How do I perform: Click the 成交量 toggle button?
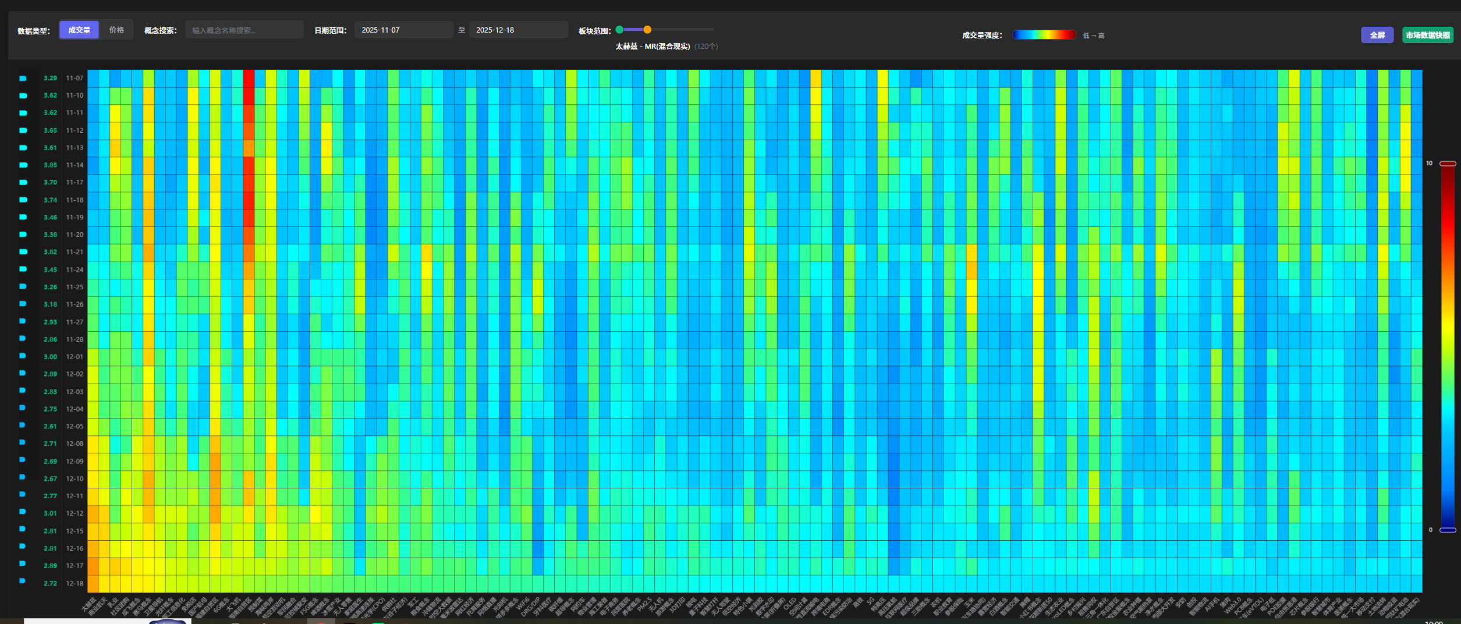[x=79, y=30]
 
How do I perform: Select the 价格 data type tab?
[x=116, y=30]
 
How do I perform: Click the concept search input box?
[x=244, y=30]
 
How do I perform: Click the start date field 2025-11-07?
[x=403, y=30]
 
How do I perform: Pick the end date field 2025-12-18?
[x=518, y=30]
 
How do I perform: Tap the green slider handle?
[x=619, y=30]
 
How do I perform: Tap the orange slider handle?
[x=647, y=30]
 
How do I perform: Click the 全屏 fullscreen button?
[x=1377, y=35]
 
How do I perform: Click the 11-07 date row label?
[x=75, y=78]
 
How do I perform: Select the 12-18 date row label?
[x=75, y=583]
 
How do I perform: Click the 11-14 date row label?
[x=75, y=165]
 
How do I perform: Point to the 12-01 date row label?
[x=75, y=357]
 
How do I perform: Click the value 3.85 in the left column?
[x=51, y=165]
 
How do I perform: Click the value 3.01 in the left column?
[x=51, y=513]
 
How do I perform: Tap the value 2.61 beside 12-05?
[x=51, y=427]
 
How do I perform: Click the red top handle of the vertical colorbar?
[x=1448, y=164]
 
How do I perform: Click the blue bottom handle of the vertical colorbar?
[x=1448, y=530]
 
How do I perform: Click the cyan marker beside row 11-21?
[x=23, y=252]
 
